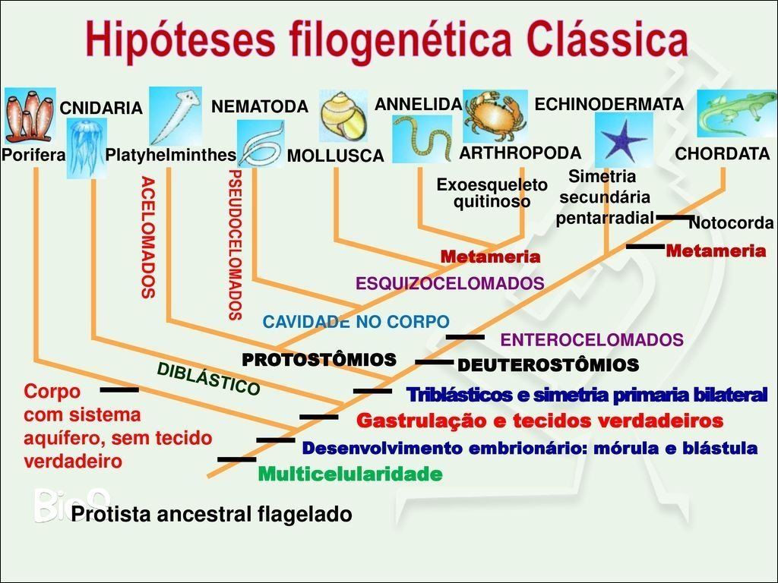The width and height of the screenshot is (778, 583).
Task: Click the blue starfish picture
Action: [x=623, y=140]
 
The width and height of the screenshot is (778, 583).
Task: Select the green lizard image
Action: [x=736, y=114]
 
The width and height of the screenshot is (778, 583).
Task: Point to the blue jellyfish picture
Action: [x=87, y=147]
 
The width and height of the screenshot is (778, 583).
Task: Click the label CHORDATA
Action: [x=722, y=154]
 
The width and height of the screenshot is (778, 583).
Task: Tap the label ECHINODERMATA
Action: [x=609, y=105]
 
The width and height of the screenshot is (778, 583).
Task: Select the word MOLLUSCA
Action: [x=335, y=156]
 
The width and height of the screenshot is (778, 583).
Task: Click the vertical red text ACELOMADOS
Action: [x=148, y=237]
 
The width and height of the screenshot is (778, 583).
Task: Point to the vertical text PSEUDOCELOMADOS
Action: [x=235, y=244]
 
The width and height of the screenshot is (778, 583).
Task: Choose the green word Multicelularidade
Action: [x=349, y=475]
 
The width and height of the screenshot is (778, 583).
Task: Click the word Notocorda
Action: [x=730, y=224]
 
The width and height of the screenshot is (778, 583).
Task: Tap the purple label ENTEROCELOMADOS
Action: [x=592, y=339]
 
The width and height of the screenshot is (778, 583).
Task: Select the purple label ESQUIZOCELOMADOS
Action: [x=450, y=283]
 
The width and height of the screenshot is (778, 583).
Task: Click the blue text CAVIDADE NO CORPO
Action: [x=356, y=322]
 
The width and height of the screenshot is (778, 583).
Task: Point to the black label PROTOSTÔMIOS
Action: [x=319, y=359]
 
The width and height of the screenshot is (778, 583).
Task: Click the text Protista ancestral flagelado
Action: [x=211, y=515]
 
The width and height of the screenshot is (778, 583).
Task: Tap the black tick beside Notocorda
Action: [x=673, y=217]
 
